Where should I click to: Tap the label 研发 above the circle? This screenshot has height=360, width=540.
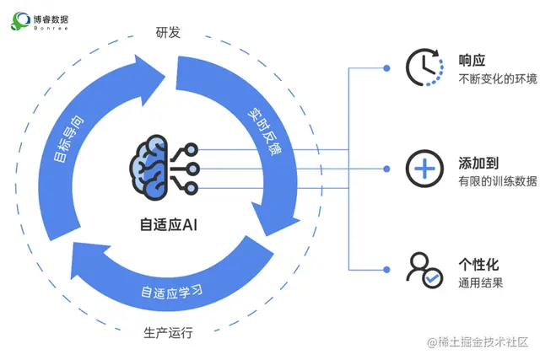coord(168,34)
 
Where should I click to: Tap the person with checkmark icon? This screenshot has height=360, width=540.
coord(422,269)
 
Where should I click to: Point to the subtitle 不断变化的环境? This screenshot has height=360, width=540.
coord(497,80)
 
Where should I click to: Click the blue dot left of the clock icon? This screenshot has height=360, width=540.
coord(386,68)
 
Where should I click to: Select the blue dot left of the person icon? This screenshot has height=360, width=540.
coord(386,269)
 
